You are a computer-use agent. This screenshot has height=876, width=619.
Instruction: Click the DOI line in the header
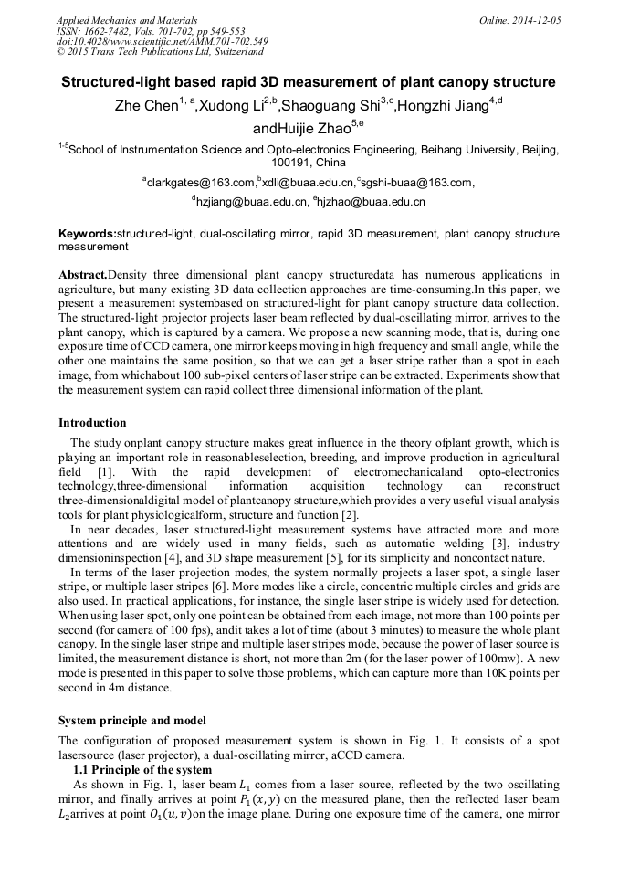[x=163, y=42]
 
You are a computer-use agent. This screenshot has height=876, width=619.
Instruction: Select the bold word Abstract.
[x=83, y=274]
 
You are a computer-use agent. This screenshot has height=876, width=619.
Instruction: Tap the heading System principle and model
[x=131, y=720]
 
